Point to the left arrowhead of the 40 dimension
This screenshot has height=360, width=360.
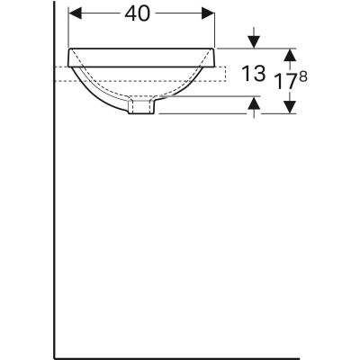76,14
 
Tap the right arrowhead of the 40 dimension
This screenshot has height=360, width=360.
210,14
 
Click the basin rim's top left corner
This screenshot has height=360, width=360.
70,49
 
